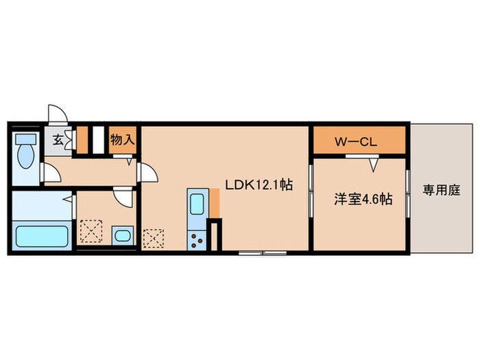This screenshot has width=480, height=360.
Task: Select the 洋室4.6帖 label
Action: pos(363,200)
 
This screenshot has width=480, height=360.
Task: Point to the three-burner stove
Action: pos(197,240)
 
